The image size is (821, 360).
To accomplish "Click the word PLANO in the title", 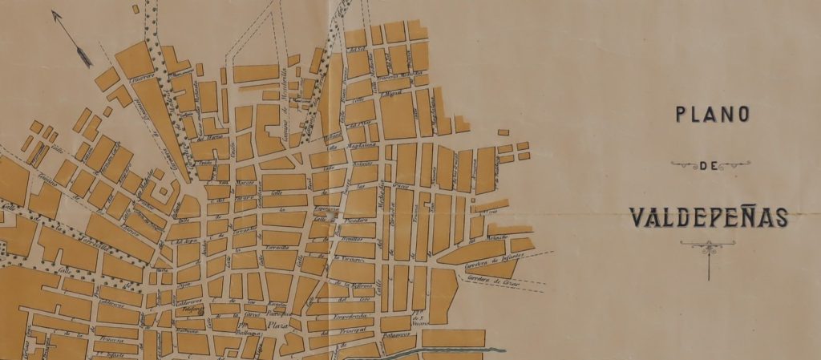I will pos(712,115).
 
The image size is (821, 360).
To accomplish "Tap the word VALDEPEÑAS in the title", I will pos(709,216).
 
